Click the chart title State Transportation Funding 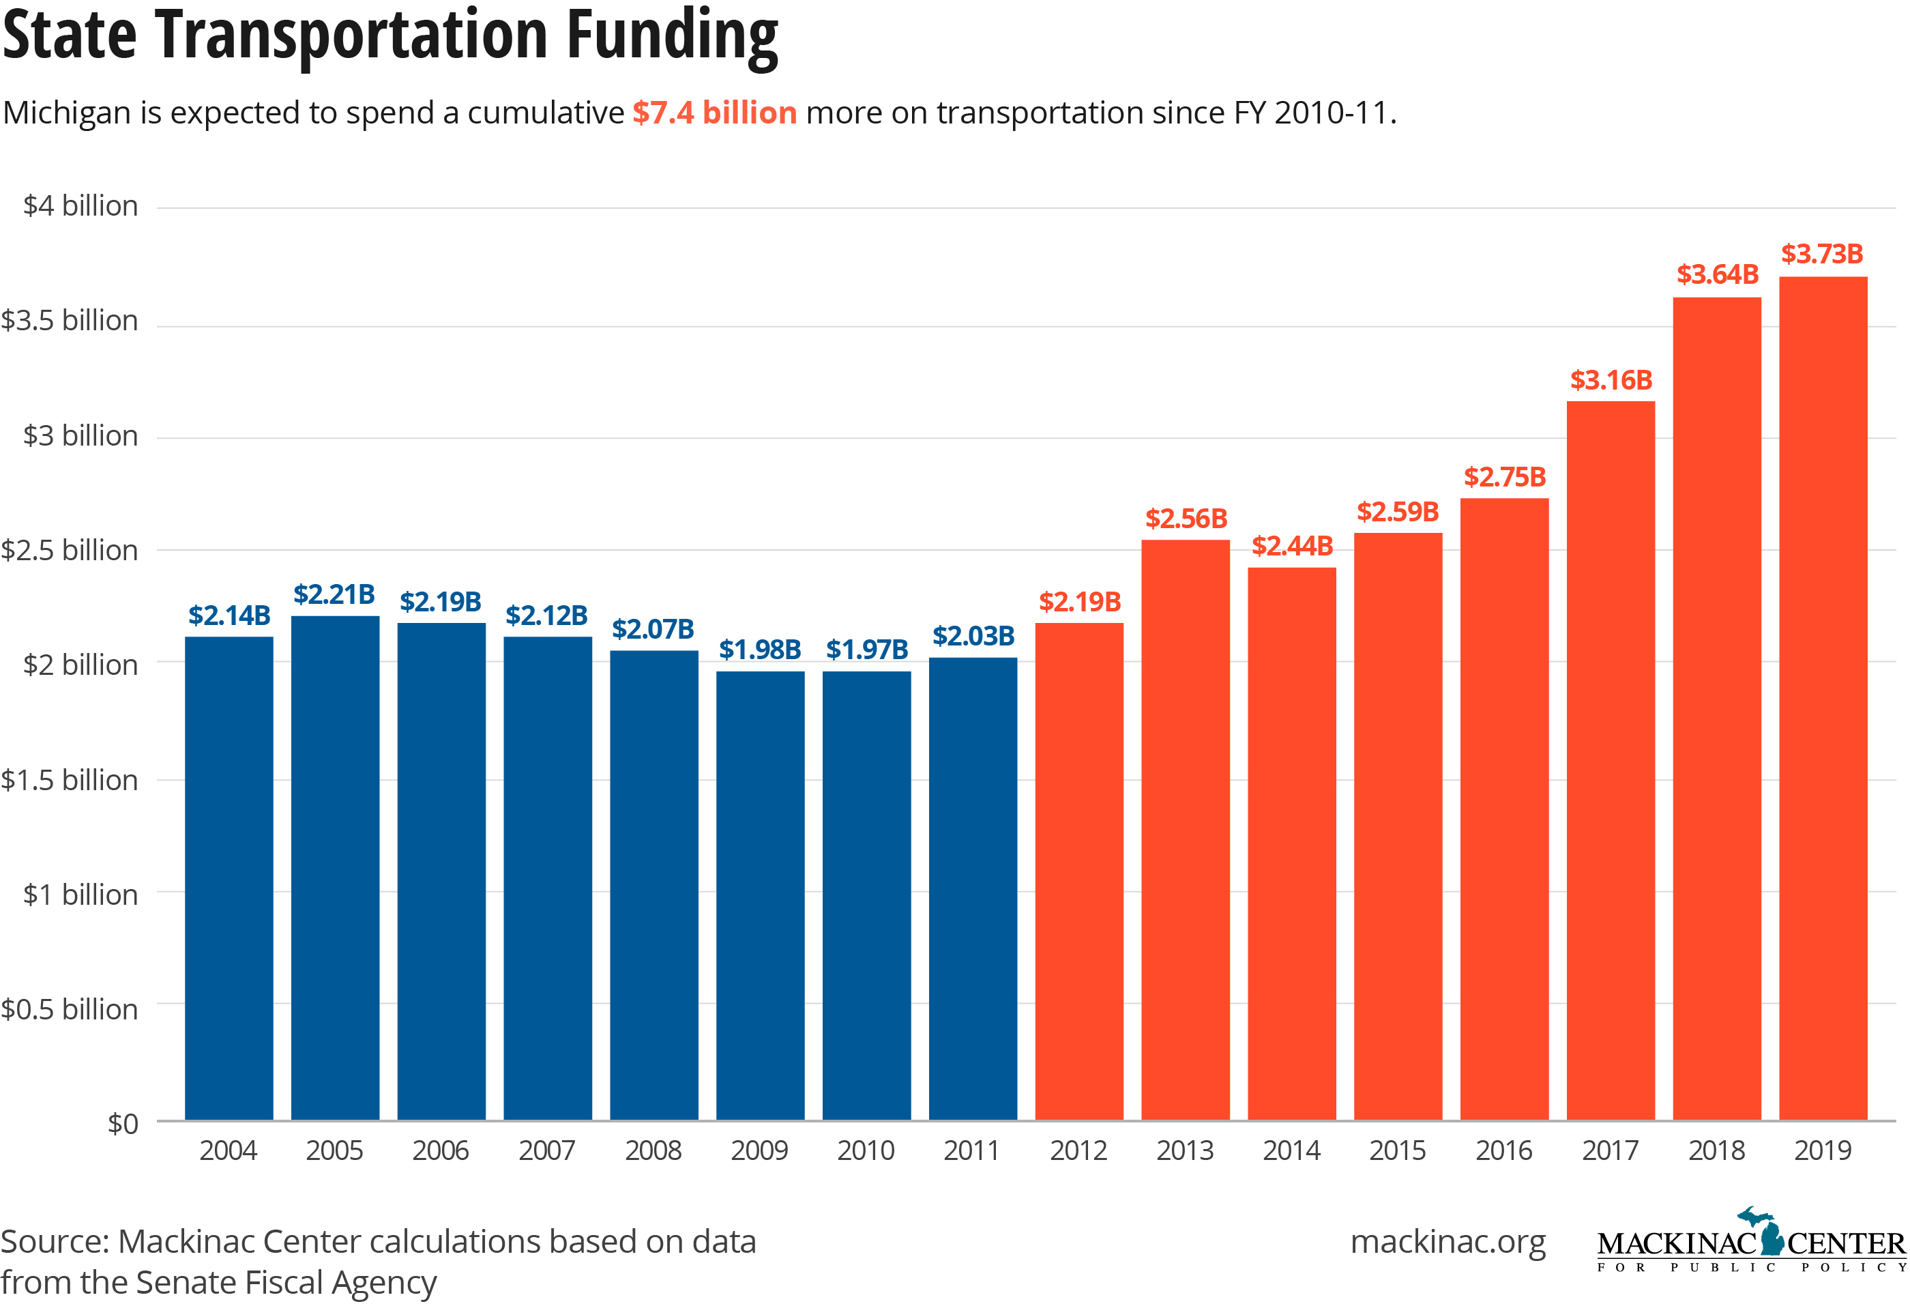(390, 36)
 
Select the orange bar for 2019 (1822, 699)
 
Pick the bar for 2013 (1184, 830)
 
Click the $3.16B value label (1610, 381)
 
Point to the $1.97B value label (866, 650)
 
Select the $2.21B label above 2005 (334, 594)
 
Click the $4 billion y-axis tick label (80, 205)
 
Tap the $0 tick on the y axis (123, 1124)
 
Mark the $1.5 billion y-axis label (70, 779)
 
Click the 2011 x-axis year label (971, 1150)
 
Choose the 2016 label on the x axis (1503, 1150)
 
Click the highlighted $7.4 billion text (714, 113)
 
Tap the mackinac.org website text (1448, 1241)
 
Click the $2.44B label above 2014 (1291, 546)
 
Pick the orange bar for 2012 (1078, 871)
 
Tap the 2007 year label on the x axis (546, 1150)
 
